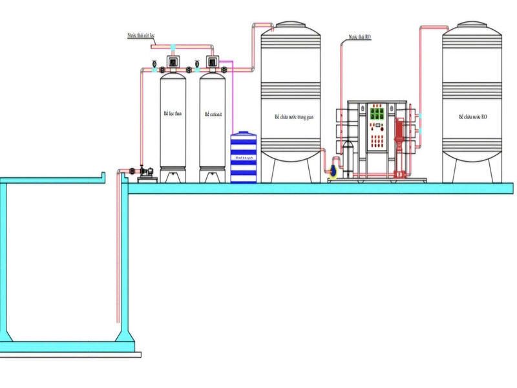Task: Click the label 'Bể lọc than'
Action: point(173,114)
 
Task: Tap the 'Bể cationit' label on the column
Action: point(213,114)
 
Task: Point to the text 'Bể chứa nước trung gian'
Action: point(290,118)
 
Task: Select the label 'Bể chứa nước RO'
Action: point(472,117)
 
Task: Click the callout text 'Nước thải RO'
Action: point(360,38)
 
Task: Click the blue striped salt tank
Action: point(244,157)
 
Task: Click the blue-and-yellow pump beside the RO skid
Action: point(333,171)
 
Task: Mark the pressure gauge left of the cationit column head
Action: point(196,63)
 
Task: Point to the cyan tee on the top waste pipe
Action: point(173,47)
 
